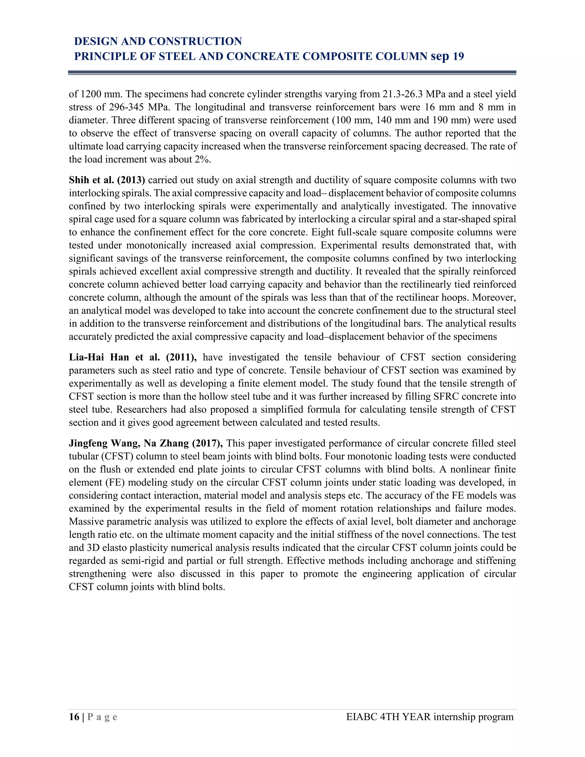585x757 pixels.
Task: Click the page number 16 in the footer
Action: pyautogui.click(x=74, y=717)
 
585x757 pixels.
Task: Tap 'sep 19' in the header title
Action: pyautogui.click(x=447, y=56)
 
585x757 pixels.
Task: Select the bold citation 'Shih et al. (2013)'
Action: pyautogui.click(x=107, y=180)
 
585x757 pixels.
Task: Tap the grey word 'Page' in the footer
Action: pyautogui.click(x=102, y=717)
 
